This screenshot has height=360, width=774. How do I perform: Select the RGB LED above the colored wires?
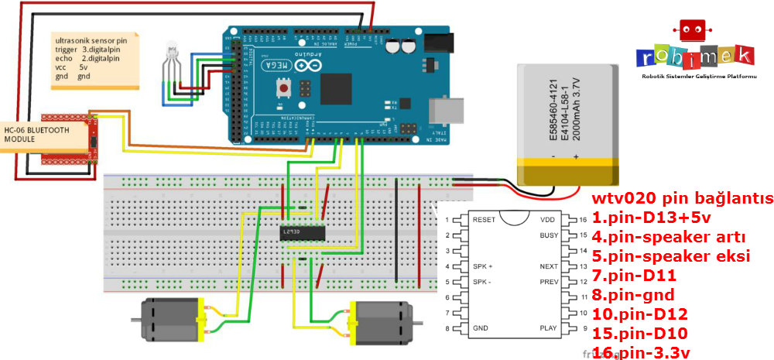172,57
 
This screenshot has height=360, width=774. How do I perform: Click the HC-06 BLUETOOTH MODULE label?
36,134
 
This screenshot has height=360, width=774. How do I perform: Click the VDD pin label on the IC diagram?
548,220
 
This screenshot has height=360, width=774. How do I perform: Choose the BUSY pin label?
548,235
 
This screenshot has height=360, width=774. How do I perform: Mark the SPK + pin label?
482,266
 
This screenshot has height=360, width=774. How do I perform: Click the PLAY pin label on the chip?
548,328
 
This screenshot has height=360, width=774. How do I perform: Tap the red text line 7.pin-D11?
635,276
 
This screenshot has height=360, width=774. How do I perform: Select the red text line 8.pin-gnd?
633,295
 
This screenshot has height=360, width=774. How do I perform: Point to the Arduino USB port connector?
447,111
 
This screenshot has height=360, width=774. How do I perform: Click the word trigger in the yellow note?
67,50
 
